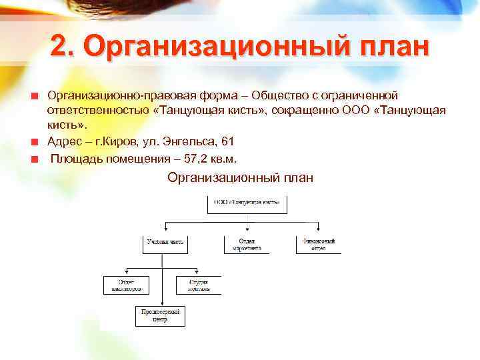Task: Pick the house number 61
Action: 227,141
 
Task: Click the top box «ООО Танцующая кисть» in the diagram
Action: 247,203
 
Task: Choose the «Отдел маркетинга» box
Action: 247,244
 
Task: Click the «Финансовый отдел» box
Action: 319,244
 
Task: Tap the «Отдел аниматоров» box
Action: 124,285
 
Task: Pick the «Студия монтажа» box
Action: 198,285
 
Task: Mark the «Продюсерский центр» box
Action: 161,315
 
